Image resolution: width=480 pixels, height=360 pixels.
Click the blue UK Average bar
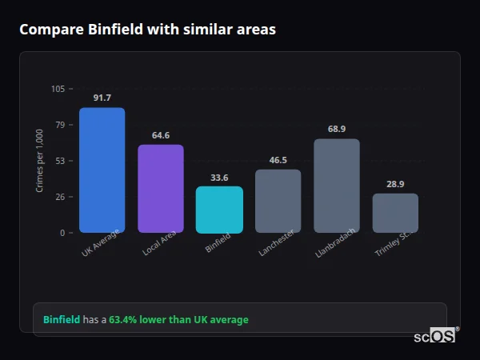click(102, 170)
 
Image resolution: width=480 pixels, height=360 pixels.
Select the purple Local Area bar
click(161, 189)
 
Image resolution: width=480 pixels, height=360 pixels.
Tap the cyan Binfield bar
click(219, 210)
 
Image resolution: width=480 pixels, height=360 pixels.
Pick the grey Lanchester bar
click(278, 201)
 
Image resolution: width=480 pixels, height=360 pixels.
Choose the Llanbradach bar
click(337, 186)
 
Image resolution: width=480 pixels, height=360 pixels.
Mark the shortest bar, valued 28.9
click(395, 213)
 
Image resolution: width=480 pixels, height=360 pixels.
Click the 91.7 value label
click(102, 98)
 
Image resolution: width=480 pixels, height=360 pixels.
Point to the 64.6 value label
click(161, 135)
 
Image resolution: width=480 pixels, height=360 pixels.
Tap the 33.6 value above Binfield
click(219, 178)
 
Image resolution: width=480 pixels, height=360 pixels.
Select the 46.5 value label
click(278, 160)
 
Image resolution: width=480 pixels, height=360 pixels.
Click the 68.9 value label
click(337, 129)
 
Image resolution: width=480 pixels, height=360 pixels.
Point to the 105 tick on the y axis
click(58, 89)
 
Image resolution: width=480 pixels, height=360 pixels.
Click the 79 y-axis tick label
click(60, 125)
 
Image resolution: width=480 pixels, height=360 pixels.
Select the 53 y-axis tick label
click(60, 161)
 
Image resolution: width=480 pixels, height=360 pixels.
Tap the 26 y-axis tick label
click(60, 197)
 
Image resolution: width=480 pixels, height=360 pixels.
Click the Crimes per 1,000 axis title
click(39, 161)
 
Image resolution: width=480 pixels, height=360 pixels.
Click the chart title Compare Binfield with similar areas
click(147, 30)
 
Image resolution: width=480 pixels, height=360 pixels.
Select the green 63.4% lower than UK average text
click(178, 320)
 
